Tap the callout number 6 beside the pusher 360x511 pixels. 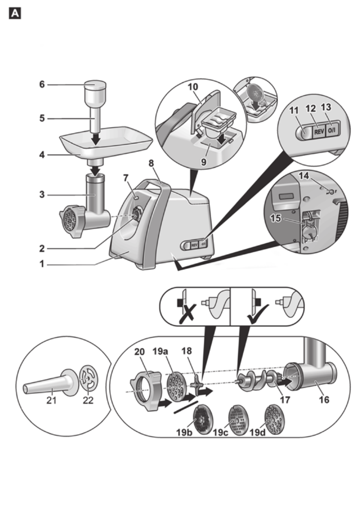pyautogui.click(x=42, y=85)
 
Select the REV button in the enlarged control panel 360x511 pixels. pyautogui.click(x=319, y=131)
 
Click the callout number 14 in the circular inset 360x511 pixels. pyautogui.click(x=304, y=176)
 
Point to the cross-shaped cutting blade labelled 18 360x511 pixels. pyautogui.click(x=197, y=385)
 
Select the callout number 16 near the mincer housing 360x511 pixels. pyautogui.click(x=324, y=399)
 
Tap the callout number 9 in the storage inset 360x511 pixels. pyautogui.click(x=203, y=161)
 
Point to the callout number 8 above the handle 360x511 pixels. pyautogui.click(x=151, y=163)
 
